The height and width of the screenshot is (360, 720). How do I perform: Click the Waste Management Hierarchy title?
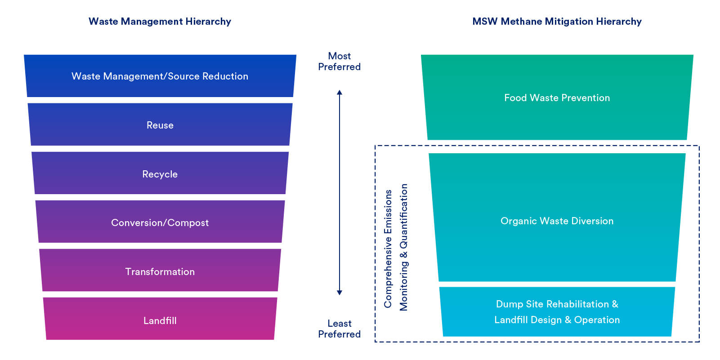click(160, 22)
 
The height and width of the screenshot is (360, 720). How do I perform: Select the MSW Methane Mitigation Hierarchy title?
click(557, 22)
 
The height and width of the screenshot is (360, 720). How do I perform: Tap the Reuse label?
click(160, 125)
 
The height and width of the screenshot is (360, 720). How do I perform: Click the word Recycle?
click(160, 174)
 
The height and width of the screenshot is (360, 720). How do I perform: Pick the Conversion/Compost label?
click(160, 223)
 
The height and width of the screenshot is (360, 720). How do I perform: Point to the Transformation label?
click(160, 272)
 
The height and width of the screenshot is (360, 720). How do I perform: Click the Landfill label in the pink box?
click(160, 321)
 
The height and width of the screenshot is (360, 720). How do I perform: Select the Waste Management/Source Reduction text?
click(160, 76)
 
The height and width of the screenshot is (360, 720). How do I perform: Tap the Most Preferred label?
click(339, 62)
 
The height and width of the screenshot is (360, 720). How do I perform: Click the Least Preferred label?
click(339, 329)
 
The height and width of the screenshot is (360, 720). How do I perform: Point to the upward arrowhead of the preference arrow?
click(340, 92)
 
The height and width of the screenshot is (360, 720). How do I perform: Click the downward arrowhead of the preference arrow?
click(340, 293)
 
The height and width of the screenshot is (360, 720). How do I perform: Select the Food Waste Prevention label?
click(557, 98)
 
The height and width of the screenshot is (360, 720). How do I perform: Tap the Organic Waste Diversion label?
click(557, 221)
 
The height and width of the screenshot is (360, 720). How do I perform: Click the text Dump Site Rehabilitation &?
click(557, 304)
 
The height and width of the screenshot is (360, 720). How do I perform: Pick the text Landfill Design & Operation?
click(557, 320)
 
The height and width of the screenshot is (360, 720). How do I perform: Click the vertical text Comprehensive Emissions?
click(388, 249)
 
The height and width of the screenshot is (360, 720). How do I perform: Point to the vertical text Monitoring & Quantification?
click(404, 247)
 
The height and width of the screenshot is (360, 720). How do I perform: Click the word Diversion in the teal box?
click(592, 221)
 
